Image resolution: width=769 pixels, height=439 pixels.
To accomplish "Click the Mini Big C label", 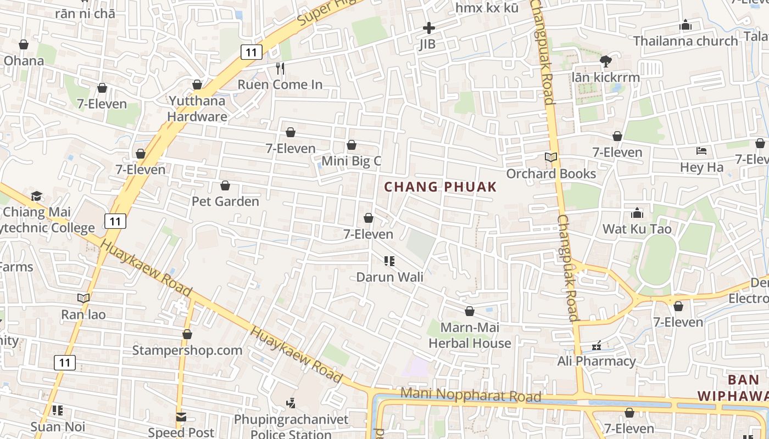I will pos(351,161).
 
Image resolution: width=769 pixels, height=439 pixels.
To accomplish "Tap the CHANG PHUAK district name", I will pos(440,187).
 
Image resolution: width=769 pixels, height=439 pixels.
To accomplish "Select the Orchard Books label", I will pos(551,173).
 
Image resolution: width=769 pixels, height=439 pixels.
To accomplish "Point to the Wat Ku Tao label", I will pos(637,228).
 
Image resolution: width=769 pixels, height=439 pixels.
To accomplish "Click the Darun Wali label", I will pos(389,277).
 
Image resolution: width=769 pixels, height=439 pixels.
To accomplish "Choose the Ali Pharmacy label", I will pos(596,361).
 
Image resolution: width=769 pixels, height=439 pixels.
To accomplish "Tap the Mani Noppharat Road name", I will pos(471,395).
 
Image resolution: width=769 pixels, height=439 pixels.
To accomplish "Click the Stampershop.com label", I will pos(187,350).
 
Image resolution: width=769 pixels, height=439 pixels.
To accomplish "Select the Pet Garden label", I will pos(225,201).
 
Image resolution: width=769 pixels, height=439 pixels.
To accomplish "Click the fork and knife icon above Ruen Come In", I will pos(280,68).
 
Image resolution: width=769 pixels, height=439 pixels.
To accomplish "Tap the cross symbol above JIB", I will pos(428,27).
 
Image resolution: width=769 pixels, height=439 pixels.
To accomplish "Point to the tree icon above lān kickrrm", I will pos(605,61).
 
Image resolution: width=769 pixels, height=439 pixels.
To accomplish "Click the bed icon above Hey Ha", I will pos(701,150).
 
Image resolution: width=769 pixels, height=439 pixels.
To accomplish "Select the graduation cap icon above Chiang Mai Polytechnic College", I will pos(36,196).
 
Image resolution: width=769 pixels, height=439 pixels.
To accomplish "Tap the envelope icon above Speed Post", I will pos(181,417).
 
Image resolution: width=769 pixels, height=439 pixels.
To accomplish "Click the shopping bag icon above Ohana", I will pos(24,44).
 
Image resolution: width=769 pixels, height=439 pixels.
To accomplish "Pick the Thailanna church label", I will pos(685,41).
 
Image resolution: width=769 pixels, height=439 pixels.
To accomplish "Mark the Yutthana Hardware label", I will pos(197,109).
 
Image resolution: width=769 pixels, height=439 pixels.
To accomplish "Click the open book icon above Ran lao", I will pos(83,298).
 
